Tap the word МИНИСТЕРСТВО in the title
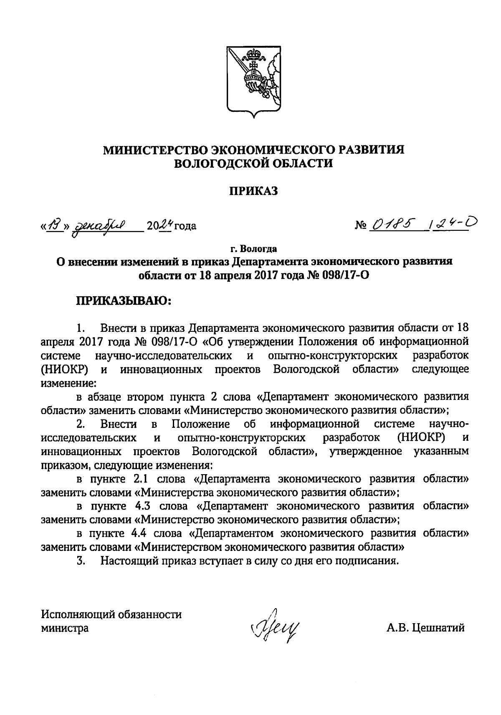[x=154, y=150]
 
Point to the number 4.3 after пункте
[x=140, y=506]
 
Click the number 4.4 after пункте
[x=140, y=533]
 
